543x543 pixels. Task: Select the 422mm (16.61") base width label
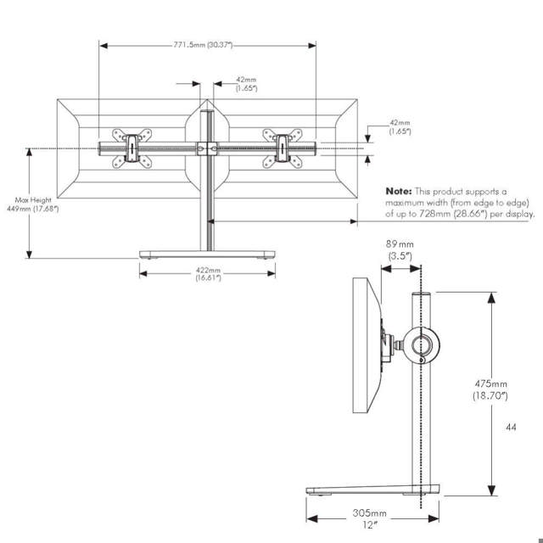208,274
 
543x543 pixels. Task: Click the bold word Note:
399,192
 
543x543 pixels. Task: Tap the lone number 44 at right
510,428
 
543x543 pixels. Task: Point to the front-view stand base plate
208,255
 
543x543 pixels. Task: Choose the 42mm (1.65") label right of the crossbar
400,127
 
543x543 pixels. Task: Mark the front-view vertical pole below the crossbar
206,204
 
